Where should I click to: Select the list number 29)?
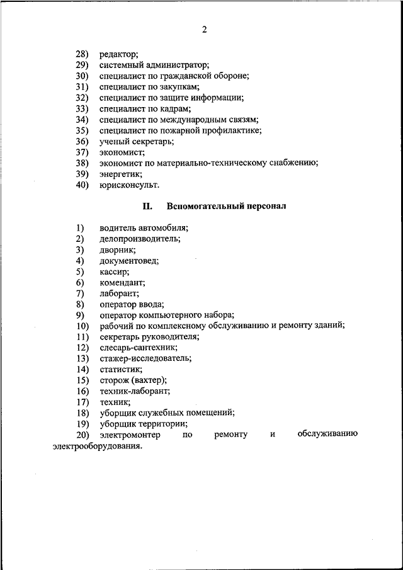(82, 65)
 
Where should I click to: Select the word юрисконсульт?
(128, 185)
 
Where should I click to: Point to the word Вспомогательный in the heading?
(203, 206)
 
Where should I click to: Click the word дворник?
(116, 249)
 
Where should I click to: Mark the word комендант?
(122, 282)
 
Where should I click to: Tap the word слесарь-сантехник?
(137, 347)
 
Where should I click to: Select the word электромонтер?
(130, 435)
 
